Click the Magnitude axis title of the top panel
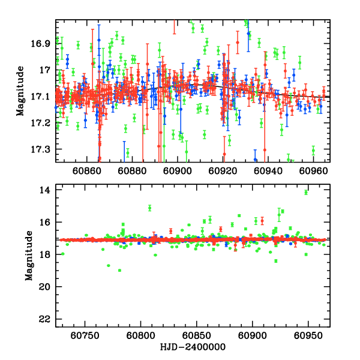[x=20, y=91]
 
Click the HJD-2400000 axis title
[x=193, y=347]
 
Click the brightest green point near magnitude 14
[x=306, y=192]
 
